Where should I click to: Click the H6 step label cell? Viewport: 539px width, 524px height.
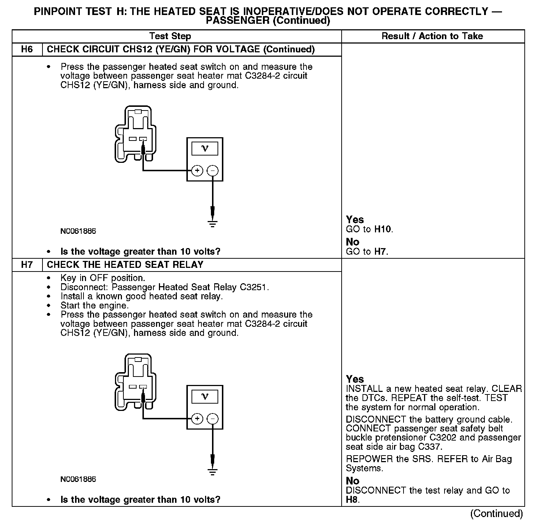click(27, 49)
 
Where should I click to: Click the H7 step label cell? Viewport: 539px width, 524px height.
click(27, 265)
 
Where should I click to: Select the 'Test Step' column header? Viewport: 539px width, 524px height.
click(170, 36)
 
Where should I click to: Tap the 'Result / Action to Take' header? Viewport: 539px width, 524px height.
click(432, 36)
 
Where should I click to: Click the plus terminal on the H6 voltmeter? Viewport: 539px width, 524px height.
click(197, 171)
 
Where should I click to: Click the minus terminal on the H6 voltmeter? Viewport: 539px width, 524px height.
click(213, 171)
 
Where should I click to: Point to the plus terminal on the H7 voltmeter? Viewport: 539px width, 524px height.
click(197, 419)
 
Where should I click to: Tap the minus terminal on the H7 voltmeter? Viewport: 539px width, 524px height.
click(213, 419)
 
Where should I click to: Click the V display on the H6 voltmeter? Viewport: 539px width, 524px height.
click(205, 149)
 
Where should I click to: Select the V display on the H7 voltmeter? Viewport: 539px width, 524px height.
click(205, 396)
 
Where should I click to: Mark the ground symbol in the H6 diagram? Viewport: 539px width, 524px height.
click(212, 223)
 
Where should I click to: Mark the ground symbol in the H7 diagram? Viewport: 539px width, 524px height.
click(212, 471)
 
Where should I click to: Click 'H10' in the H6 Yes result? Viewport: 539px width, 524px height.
click(383, 229)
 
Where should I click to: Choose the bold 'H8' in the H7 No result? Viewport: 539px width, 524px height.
click(352, 500)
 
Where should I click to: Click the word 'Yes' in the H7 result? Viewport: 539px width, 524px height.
click(355, 379)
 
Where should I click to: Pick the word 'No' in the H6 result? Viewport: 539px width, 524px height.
click(353, 242)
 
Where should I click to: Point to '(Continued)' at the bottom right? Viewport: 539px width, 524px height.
click(496, 514)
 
